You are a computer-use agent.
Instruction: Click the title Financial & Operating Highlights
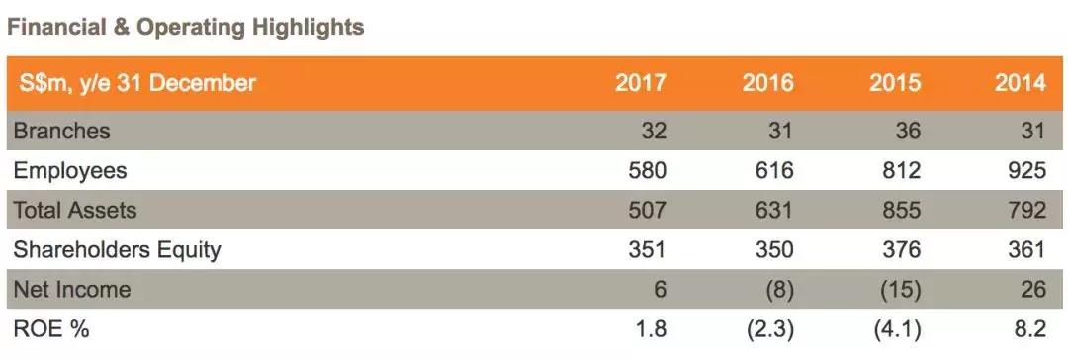(x=186, y=27)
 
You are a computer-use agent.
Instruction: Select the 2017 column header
(x=641, y=83)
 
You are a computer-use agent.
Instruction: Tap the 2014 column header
(x=1021, y=83)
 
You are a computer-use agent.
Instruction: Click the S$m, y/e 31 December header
(x=136, y=83)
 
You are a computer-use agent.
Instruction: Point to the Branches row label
(x=61, y=131)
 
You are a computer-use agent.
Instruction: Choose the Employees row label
(x=70, y=170)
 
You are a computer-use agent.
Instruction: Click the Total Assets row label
(x=75, y=210)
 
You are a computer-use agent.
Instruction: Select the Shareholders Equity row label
(x=117, y=250)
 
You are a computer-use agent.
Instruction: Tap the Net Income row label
(x=72, y=290)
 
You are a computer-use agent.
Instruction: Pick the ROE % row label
(x=51, y=329)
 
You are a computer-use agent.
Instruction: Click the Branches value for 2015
(x=908, y=131)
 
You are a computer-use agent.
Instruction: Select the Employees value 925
(x=1026, y=170)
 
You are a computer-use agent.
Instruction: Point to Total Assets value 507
(x=647, y=210)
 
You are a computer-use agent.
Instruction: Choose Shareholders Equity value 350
(x=773, y=250)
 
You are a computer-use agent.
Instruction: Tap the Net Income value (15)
(x=900, y=290)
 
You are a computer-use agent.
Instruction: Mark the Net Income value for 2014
(x=1033, y=290)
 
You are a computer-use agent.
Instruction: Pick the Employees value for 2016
(x=773, y=170)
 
